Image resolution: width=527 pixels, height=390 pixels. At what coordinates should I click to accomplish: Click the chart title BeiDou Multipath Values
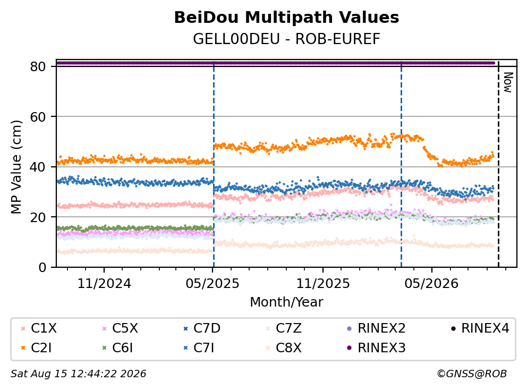tap(286, 18)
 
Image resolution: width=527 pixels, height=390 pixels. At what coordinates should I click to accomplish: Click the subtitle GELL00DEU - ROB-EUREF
tap(286, 39)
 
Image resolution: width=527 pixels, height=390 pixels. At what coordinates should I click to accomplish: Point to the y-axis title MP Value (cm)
tap(16, 167)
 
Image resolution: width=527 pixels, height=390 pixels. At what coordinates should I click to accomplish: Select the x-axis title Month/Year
tap(286, 302)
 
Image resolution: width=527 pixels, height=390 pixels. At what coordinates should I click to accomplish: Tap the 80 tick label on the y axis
tap(38, 66)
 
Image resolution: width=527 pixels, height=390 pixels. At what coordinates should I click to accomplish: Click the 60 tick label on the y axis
tap(38, 117)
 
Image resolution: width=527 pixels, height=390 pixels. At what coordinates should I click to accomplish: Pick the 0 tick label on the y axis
tap(42, 268)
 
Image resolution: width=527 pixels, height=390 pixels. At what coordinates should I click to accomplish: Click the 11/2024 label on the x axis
tap(104, 283)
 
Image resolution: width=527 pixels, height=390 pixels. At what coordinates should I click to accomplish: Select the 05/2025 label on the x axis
tap(212, 283)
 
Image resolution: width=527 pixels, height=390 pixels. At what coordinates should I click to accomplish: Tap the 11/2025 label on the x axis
tap(322, 283)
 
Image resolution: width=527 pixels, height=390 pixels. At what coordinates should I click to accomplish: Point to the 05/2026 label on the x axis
tap(431, 283)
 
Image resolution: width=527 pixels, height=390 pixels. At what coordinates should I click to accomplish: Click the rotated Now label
tap(508, 82)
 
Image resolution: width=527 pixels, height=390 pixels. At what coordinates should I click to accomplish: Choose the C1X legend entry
tap(39, 328)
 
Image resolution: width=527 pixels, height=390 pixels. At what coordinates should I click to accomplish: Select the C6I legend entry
tap(117, 347)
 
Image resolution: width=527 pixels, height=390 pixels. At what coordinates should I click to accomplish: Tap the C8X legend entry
tap(284, 347)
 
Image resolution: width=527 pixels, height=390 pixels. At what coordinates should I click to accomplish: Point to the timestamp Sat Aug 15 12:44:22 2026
tap(78, 374)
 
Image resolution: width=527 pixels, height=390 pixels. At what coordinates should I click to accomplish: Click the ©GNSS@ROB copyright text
tap(472, 374)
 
